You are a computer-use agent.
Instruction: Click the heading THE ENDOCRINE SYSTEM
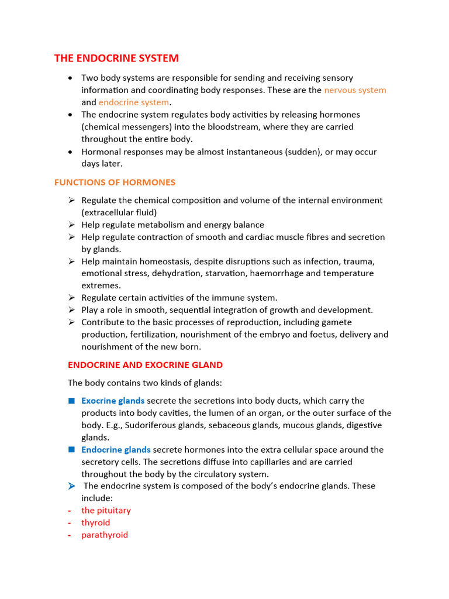coord(116,58)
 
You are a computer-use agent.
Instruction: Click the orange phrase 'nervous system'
coord(355,90)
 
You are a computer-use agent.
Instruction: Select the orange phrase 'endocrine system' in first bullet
coord(133,102)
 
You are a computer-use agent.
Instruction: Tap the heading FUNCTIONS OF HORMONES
coord(115,183)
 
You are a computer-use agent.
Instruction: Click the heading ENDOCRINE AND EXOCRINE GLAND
coord(145,365)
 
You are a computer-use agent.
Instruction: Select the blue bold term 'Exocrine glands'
coord(113,401)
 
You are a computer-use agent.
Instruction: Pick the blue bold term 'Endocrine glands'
coord(116,450)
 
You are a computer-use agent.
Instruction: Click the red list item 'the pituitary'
coord(106,511)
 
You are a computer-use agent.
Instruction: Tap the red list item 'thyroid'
coord(95,523)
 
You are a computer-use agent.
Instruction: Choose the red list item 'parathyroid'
coord(104,535)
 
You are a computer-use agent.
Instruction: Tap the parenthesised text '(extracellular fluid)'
coord(119,212)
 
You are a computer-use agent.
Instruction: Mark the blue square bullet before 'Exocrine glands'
coord(71,401)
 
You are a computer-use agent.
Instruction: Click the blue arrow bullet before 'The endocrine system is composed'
coord(71,486)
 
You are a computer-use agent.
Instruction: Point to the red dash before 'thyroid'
coord(70,523)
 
